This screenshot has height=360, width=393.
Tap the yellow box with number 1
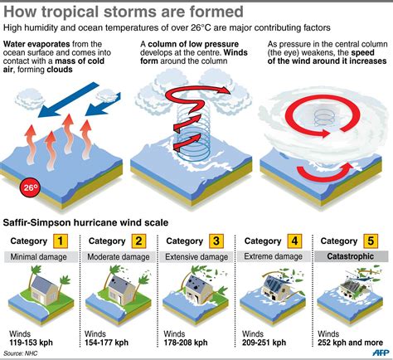click(61, 241)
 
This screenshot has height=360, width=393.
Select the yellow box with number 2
click(138, 241)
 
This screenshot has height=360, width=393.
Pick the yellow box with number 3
click(216, 241)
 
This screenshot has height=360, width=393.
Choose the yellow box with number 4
click(294, 241)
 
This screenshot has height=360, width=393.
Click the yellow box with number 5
click(371, 241)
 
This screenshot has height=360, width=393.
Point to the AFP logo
click(381, 353)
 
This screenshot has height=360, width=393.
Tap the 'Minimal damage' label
click(38, 257)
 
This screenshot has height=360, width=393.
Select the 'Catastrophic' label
click(350, 256)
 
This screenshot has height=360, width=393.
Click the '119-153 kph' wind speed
click(31, 343)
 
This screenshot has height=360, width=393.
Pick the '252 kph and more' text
click(350, 343)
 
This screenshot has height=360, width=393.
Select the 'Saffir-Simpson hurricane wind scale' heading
click(85, 222)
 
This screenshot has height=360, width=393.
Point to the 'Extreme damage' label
click(273, 256)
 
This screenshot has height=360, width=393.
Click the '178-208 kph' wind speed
click(186, 343)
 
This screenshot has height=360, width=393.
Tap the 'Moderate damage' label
click(119, 257)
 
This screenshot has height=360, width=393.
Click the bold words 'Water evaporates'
click(36, 44)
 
